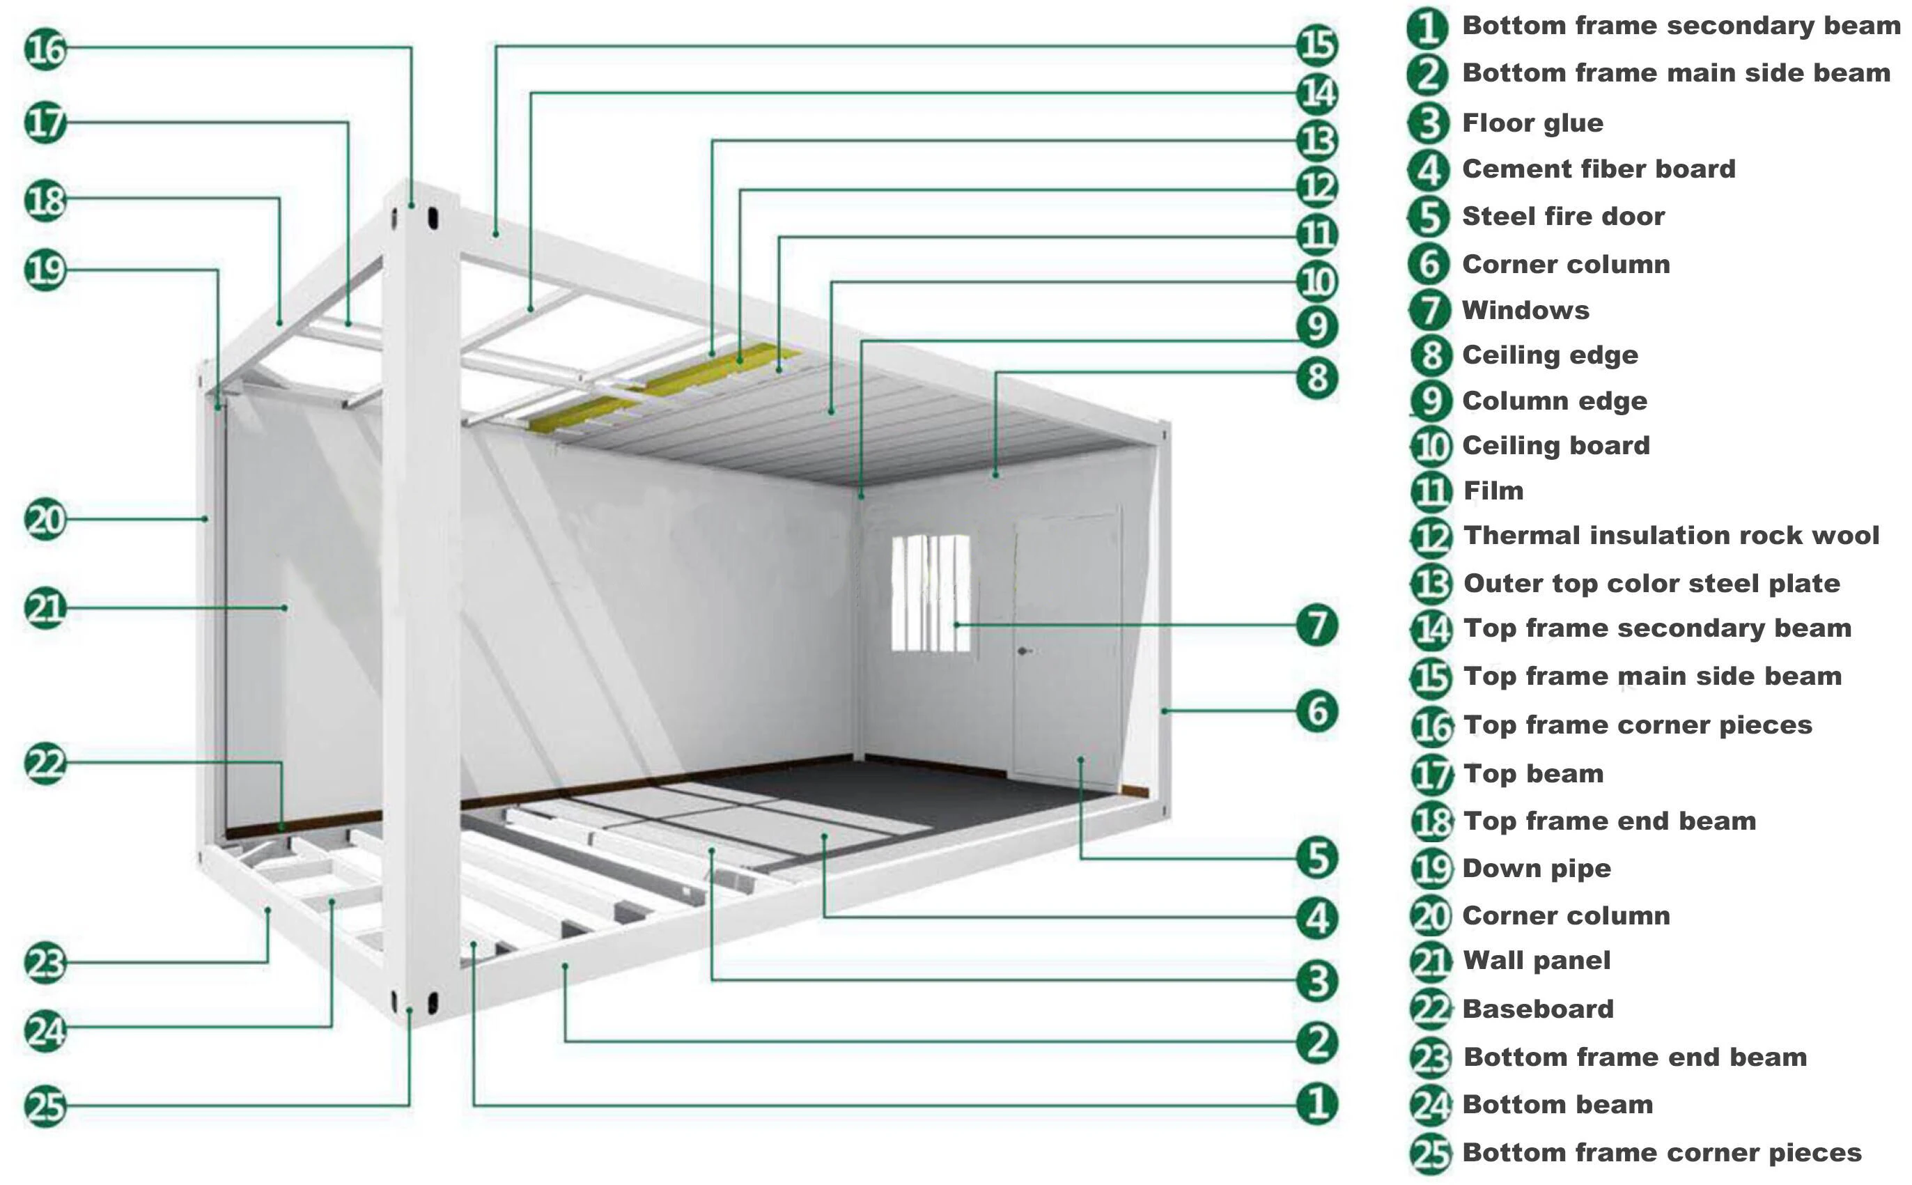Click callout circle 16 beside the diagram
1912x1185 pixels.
click(x=45, y=49)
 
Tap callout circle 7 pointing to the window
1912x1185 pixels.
click(x=1316, y=625)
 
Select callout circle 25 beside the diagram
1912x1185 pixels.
click(x=45, y=1106)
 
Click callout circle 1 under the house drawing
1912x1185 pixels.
click(x=1316, y=1103)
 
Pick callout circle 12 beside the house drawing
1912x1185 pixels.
click(x=1316, y=187)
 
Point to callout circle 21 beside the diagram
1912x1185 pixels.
click(x=45, y=608)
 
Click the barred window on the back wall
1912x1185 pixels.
click(x=930, y=594)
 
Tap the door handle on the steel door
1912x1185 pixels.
click(x=1023, y=651)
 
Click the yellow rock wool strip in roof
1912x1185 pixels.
click(x=666, y=388)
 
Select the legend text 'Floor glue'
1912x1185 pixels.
click(x=1532, y=123)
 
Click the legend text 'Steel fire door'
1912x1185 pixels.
click(x=1562, y=216)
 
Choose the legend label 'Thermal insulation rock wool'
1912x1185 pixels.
click(x=1670, y=535)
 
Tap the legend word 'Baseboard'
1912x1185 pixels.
click(x=1537, y=1009)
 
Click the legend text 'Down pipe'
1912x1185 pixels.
click(x=1536, y=868)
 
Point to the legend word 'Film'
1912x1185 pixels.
click(x=1493, y=490)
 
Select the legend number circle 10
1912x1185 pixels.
click(x=1431, y=446)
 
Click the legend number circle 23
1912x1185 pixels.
click(x=1431, y=1058)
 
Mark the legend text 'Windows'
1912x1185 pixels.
click(x=1525, y=311)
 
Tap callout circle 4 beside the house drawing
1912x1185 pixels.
click(x=1316, y=917)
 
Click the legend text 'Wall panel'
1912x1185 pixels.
click(x=1536, y=960)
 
